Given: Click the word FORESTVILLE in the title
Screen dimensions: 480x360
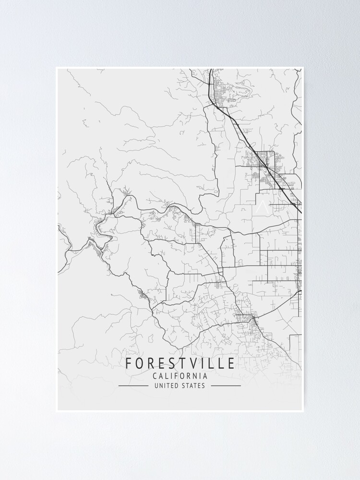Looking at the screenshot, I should click(180, 363).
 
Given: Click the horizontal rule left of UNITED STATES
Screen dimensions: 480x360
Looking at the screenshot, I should click(133, 385).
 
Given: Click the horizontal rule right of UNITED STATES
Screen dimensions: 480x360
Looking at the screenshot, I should click(226, 385).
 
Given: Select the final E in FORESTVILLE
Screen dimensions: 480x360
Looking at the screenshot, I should click(231, 363).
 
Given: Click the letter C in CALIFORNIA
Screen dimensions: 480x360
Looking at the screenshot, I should click(155, 376).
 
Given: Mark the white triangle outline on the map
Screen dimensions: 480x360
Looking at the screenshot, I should click(262, 207).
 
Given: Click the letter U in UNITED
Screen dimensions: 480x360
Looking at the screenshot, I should click(156, 385).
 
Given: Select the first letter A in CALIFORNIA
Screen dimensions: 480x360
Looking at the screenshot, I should click(161, 376).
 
